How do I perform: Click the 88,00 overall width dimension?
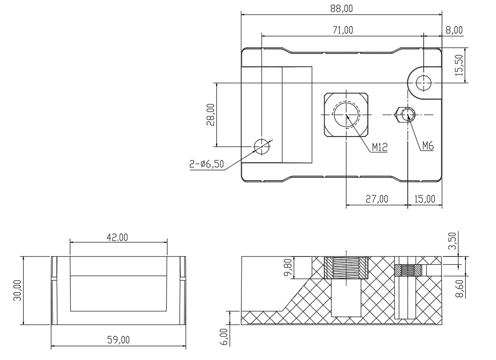click(x=341, y=9)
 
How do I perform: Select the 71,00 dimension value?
click(x=343, y=30)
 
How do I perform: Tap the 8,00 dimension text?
click(x=454, y=30)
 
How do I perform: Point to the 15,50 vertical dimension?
click(x=459, y=65)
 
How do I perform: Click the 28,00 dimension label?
click(x=211, y=115)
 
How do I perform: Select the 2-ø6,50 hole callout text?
click(x=206, y=164)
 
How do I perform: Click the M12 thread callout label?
click(x=380, y=148)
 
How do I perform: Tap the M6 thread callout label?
click(x=428, y=146)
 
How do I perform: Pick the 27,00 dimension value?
click(x=377, y=199)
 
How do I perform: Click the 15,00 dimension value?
click(x=424, y=199)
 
